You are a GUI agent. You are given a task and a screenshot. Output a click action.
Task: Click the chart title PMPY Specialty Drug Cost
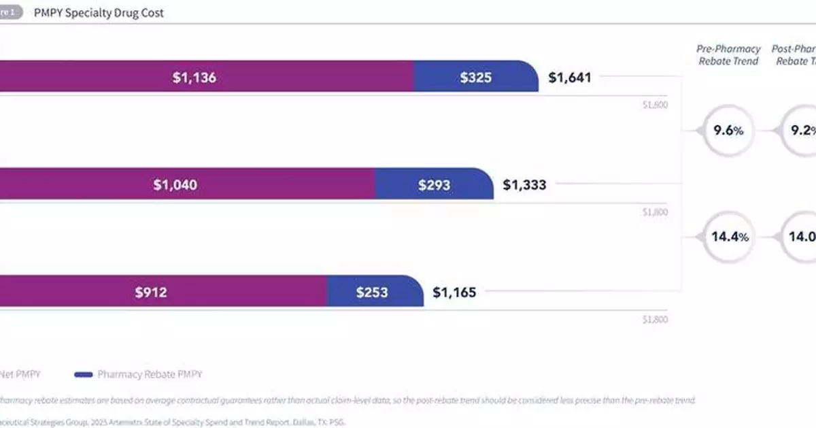tap(99, 12)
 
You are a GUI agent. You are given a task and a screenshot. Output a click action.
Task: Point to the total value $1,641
tap(570, 77)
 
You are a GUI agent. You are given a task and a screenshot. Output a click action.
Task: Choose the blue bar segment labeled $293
tap(434, 184)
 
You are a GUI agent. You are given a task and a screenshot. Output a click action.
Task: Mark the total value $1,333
tap(524, 184)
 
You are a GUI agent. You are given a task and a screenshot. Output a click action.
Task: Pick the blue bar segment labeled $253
tap(372, 292)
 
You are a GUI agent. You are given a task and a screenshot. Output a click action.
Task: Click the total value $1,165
tap(454, 293)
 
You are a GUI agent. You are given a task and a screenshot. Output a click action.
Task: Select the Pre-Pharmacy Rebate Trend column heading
tap(728, 54)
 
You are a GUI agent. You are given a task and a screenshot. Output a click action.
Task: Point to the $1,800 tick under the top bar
tap(656, 105)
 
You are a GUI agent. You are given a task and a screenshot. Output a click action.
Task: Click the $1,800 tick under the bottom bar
tap(656, 319)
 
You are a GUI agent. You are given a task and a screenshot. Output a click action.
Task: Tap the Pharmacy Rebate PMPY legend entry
tap(150, 374)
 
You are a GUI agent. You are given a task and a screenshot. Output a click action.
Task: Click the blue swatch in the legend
tap(83, 374)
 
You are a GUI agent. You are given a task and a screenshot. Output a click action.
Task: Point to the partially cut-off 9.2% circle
tap(801, 130)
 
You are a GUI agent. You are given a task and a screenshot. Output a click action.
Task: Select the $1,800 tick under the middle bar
tap(656, 212)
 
